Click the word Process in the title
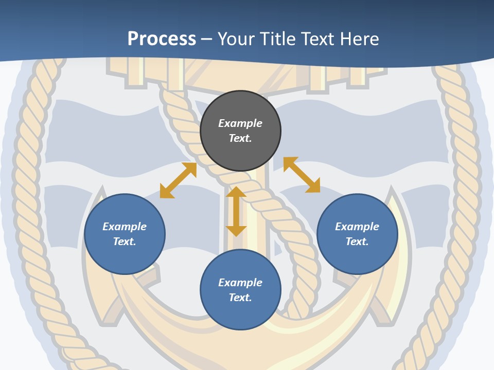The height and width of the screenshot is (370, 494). click(x=162, y=39)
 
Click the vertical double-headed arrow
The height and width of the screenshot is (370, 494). click(x=236, y=211)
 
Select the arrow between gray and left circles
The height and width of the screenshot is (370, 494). click(x=178, y=180)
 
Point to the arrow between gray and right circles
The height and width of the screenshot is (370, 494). click(x=302, y=175)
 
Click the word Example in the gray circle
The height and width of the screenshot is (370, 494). click(x=240, y=123)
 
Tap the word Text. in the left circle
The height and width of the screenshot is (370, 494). click(x=125, y=242)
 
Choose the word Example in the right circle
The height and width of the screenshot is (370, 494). click(x=357, y=227)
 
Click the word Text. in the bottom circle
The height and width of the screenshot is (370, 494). click(x=240, y=298)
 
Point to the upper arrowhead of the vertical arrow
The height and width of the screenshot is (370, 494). click(x=236, y=192)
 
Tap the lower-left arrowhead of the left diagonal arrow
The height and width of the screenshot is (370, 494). click(x=166, y=192)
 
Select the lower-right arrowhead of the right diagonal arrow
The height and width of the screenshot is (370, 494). click(x=313, y=186)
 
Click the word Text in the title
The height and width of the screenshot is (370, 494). click(x=318, y=39)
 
